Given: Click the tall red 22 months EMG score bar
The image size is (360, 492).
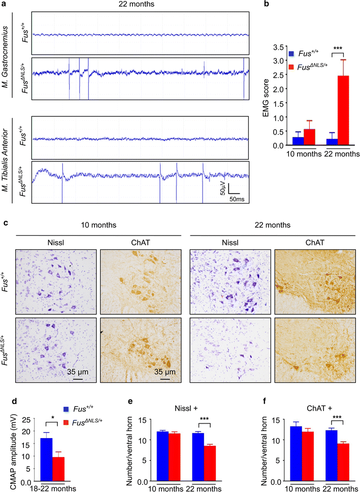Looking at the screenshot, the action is click(343, 111).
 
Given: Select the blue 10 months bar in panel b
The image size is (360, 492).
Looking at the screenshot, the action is click(298, 141).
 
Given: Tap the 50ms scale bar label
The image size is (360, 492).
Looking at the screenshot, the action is click(237, 199).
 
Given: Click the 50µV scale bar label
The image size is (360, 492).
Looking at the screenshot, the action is click(222, 188).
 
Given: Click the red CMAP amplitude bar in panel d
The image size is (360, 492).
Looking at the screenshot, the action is click(58, 470).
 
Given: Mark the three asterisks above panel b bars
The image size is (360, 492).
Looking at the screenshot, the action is click(337, 49).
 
